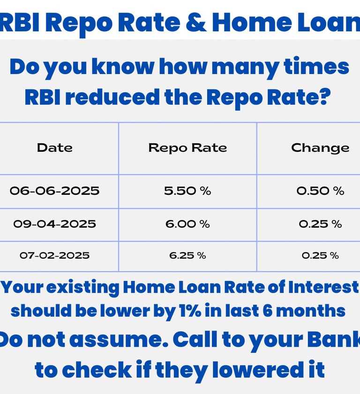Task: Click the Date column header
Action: click(55, 148)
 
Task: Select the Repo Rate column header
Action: click(187, 148)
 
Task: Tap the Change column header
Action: click(320, 148)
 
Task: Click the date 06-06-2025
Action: click(54, 191)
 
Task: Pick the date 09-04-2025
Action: click(54, 224)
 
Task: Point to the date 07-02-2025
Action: click(54, 255)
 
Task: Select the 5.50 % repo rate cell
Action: click(187, 191)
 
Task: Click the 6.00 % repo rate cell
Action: click(187, 224)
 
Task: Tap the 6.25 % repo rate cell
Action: click(187, 255)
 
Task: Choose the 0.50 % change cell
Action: click(320, 191)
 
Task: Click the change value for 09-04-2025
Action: click(320, 224)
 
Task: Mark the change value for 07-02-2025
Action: click(320, 255)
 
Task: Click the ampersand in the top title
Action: click(196, 22)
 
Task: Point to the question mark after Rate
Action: click(325, 97)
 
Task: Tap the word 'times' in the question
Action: click(316, 67)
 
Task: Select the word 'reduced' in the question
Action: click(112, 97)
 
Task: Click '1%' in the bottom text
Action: click(190, 311)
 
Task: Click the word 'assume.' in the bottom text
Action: click(119, 340)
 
